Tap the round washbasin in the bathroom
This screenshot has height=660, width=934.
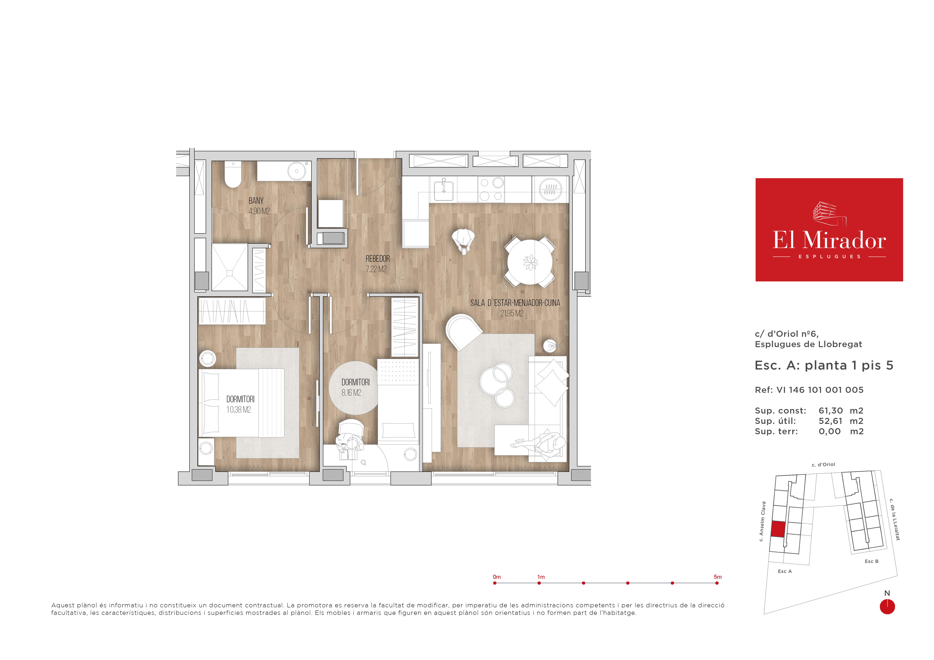point(297,171)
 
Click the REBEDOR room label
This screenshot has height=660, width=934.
point(378,259)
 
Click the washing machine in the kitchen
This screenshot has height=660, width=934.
point(550,189)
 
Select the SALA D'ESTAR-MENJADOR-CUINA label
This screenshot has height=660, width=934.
point(515,303)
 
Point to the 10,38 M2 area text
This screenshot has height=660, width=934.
point(239,410)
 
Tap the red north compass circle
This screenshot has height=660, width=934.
point(887,607)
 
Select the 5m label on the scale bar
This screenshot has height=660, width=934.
point(718,577)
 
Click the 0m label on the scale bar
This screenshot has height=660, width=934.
point(497,577)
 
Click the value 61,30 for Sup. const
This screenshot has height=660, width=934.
point(831,411)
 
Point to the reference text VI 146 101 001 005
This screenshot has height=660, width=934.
point(820,390)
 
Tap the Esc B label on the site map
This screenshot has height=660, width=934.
point(871,561)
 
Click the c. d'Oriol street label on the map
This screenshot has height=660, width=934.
point(823,464)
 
